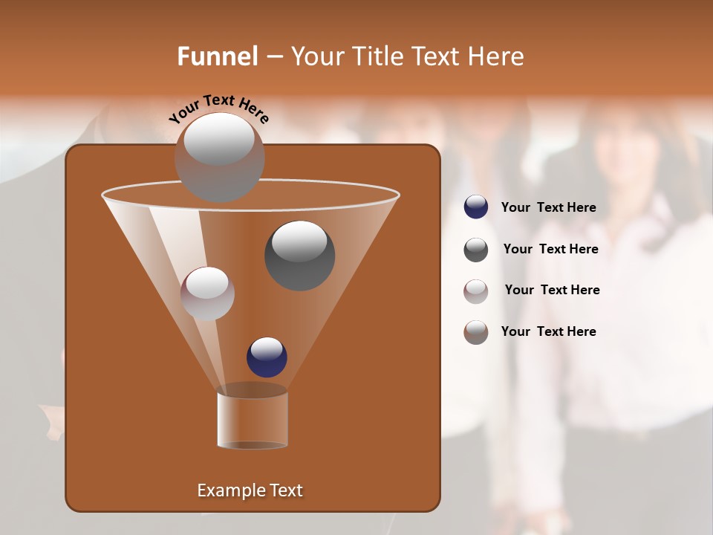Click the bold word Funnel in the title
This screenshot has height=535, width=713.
click(218, 56)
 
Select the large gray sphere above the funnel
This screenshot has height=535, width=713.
click(220, 157)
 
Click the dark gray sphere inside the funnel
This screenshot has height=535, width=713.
click(299, 256)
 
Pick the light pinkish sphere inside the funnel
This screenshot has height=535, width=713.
click(207, 294)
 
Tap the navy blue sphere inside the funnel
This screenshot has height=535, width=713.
click(267, 357)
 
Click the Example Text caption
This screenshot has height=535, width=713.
click(250, 490)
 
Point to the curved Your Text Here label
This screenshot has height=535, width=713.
click(218, 108)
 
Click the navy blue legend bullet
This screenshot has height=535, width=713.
click(476, 207)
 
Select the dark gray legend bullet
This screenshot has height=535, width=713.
click(476, 250)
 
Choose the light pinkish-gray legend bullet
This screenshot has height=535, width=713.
click(476, 291)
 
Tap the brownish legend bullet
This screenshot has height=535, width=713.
click(476, 332)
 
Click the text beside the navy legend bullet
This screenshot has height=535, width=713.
click(548, 208)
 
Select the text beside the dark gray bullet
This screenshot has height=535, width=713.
click(550, 250)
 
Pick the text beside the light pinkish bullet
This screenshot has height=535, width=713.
click(552, 291)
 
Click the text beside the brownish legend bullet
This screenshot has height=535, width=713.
click(548, 332)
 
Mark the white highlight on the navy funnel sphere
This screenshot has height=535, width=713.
click(267, 348)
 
